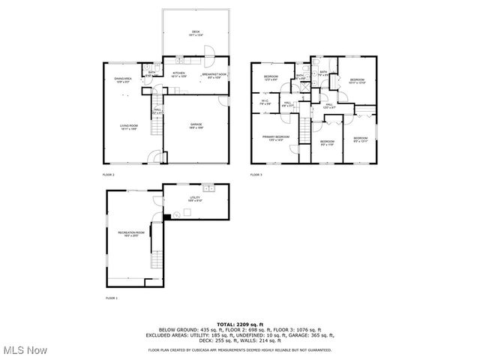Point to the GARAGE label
[196, 125]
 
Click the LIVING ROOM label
[128, 127]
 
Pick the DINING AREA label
[123, 80]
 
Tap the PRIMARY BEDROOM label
[275, 138]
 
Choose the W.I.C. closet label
[265, 103]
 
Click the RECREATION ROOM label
[130, 234]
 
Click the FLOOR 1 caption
[110, 298]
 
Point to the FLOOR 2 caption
[109, 175]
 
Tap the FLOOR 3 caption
[257, 175]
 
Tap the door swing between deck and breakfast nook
[212, 52]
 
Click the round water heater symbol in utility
[177, 214]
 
